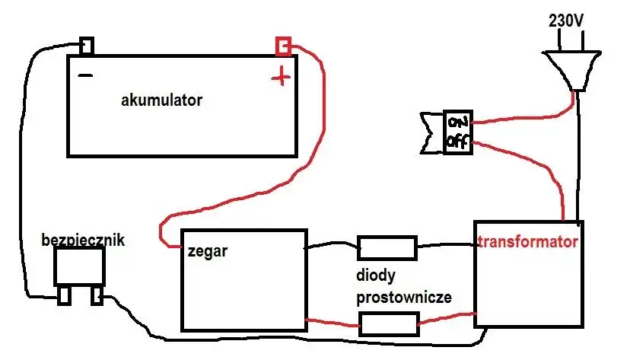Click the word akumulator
(161, 100)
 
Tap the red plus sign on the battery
(282, 76)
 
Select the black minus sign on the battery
(86, 76)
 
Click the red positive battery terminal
(283, 47)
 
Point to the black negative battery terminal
(87, 46)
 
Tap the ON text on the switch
(457, 123)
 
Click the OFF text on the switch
(457, 142)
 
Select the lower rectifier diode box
(388, 325)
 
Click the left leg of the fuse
(62, 296)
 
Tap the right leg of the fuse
(96, 296)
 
